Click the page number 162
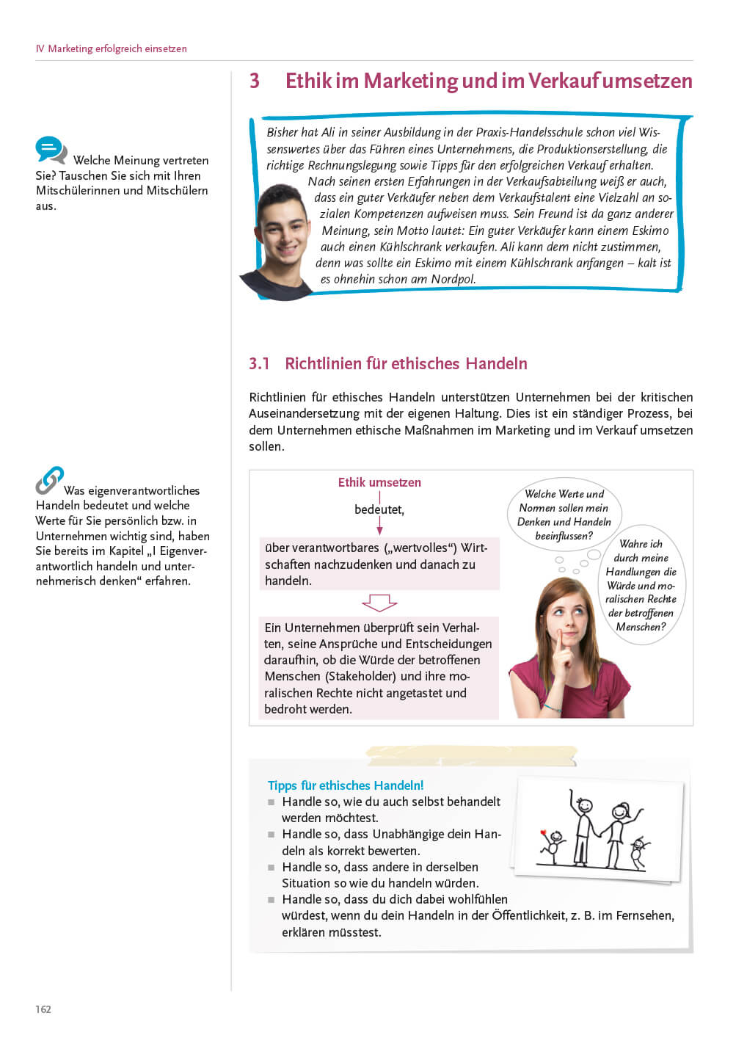(x=43, y=1009)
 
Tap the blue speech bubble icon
(x=51, y=150)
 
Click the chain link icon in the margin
(x=49, y=481)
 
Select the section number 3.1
(x=259, y=363)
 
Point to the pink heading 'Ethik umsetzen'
(x=379, y=482)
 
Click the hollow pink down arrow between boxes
(x=379, y=603)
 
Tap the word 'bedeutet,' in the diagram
(x=379, y=509)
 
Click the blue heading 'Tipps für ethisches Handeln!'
(x=346, y=785)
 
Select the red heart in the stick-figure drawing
(x=544, y=833)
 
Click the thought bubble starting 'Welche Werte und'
(x=564, y=515)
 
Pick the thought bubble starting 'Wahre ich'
(x=641, y=585)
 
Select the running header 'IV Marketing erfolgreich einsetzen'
(x=112, y=48)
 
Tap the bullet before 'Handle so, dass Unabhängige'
(x=271, y=835)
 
